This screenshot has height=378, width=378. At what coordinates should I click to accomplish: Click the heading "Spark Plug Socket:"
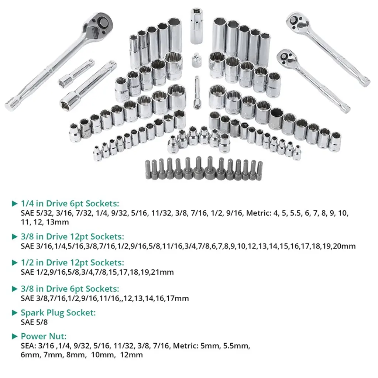pyautogui.click(x=58, y=313)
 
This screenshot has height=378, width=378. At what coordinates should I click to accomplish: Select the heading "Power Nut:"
pyautogui.click(x=44, y=336)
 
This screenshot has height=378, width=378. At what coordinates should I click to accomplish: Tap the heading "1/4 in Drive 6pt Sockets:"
pyautogui.click(x=70, y=203)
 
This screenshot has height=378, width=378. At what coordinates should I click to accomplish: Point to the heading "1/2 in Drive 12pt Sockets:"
pyautogui.click(x=72, y=262)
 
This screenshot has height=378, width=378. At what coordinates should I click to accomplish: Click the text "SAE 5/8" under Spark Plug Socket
pyautogui.click(x=34, y=322)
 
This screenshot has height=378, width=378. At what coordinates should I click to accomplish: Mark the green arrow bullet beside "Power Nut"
pyautogui.click(x=15, y=336)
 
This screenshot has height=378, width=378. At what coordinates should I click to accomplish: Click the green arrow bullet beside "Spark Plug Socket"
pyautogui.click(x=15, y=313)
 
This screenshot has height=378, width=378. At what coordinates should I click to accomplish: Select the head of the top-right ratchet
pyautogui.click(x=296, y=21)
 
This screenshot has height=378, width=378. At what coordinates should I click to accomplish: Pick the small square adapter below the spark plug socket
pyautogui.click(x=196, y=60)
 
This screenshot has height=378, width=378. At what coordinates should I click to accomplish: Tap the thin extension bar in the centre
pyautogui.click(x=197, y=93)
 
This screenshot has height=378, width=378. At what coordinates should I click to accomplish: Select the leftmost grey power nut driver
pyautogui.click(x=148, y=170)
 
